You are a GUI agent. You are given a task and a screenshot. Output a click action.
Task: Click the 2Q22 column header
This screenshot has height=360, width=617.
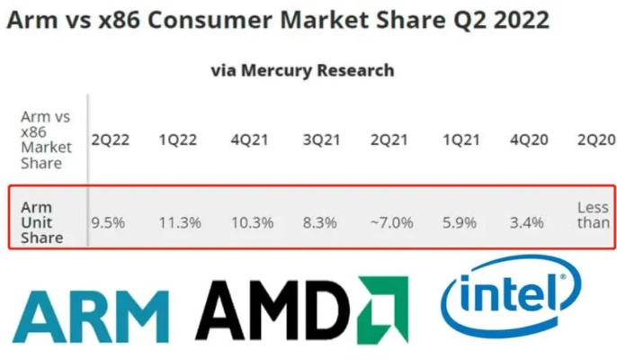pos(111,140)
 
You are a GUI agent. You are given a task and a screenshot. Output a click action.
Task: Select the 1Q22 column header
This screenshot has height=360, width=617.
pos(180,140)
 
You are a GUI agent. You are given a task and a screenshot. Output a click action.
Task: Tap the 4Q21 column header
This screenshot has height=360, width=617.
pos(250,140)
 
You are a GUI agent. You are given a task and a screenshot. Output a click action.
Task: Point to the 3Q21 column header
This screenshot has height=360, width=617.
pos(320,140)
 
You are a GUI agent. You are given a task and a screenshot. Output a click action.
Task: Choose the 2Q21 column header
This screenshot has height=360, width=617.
pos(390,140)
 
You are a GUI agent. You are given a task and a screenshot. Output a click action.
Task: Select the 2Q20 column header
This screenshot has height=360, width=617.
pos(595,140)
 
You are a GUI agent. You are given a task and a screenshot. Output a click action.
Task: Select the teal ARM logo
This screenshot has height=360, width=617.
pos(91,314)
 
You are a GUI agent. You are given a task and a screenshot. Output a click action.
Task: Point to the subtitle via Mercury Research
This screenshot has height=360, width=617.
pos(302,69)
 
